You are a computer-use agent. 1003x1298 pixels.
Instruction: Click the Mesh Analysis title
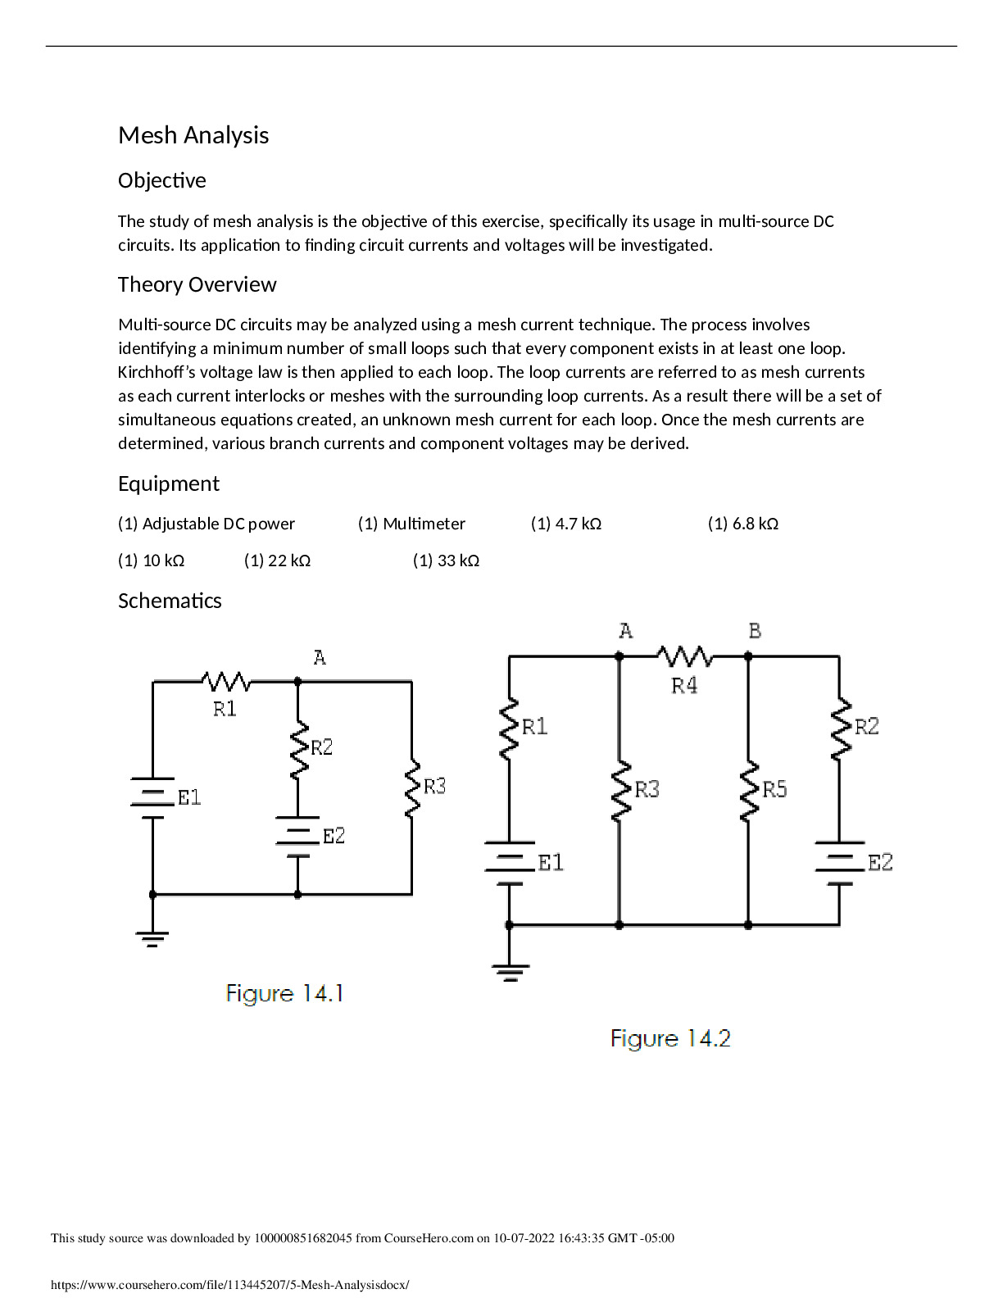193,135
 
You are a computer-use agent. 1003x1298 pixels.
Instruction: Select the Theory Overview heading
197,284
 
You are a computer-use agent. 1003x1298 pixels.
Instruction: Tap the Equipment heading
168,483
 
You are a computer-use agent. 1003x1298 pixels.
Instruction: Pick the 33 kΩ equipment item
446,560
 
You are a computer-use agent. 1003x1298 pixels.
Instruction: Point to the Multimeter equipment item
411,524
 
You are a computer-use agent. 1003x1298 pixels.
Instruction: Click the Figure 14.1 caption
284,993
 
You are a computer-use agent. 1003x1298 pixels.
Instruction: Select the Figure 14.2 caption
670,1038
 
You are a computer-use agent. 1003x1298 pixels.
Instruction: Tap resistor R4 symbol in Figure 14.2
684,656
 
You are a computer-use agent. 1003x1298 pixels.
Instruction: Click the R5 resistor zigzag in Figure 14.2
748,790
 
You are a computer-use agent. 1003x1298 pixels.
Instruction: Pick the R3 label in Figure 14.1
434,787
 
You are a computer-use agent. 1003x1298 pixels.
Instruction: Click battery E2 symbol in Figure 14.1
297,837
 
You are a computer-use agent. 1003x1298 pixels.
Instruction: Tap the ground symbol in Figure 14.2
510,973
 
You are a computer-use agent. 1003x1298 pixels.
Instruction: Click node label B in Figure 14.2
755,631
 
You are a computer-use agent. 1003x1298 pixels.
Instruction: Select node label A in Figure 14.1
320,657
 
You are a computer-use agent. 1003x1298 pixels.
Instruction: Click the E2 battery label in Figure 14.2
880,862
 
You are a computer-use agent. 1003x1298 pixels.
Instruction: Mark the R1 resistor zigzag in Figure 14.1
225,681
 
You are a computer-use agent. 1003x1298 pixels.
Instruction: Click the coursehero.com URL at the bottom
229,1285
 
